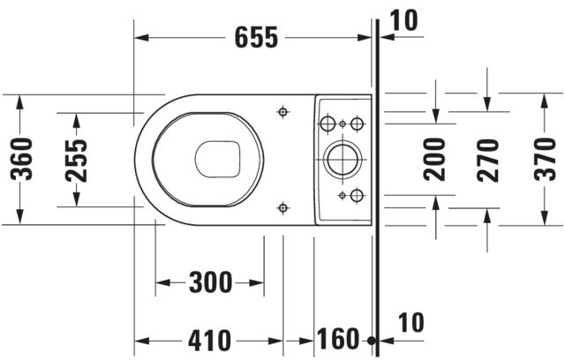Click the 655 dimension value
[x=256, y=37]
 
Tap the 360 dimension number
[x=21, y=159]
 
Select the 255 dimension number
[x=77, y=161]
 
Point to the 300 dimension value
[x=211, y=282]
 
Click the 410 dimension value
[x=209, y=341]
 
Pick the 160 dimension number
[x=338, y=339]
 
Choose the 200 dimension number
[x=434, y=159]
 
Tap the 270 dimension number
[x=488, y=161]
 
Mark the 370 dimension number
[x=546, y=159]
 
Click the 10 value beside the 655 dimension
[x=404, y=20]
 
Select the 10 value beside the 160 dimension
[x=411, y=323]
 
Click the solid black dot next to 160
[x=371, y=341]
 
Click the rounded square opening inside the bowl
[x=218, y=159]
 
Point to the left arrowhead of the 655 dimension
[x=141, y=37]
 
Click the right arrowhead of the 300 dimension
[x=257, y=282]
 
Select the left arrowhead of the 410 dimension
[x=141, y=341]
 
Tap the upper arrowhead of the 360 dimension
[x=19, y=101]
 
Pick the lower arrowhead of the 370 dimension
[x=545, y=218]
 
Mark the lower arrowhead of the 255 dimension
[x=76, y=199]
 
